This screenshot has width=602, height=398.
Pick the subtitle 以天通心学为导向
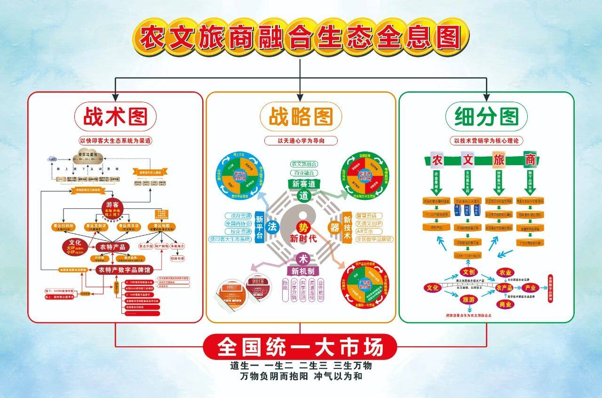point(301,140)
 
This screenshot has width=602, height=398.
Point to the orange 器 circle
point(334,227)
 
